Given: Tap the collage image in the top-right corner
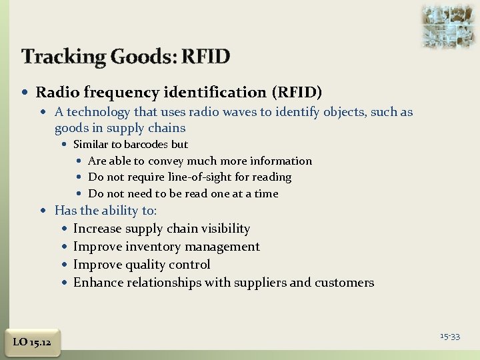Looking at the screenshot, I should (447, 25).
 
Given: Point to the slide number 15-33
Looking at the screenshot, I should (450, 336).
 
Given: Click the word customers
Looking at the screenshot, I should (344, 283).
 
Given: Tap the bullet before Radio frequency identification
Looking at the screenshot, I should (25, 93).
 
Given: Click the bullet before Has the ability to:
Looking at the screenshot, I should (44, 211).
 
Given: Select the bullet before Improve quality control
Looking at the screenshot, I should (63, 265).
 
